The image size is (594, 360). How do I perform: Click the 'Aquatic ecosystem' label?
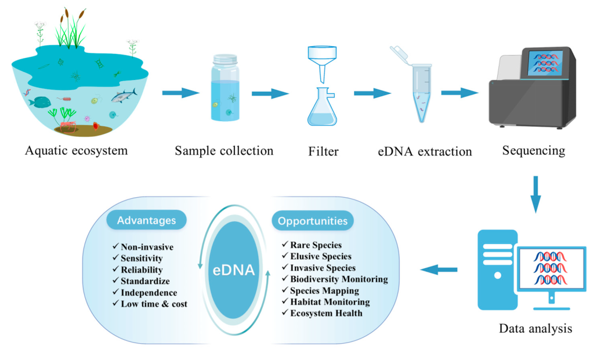(76, 151)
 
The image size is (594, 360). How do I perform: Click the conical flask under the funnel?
(323, 108)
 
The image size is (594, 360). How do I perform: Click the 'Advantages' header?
(146, 220)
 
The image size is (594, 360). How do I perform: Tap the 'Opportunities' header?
(312, 221)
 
